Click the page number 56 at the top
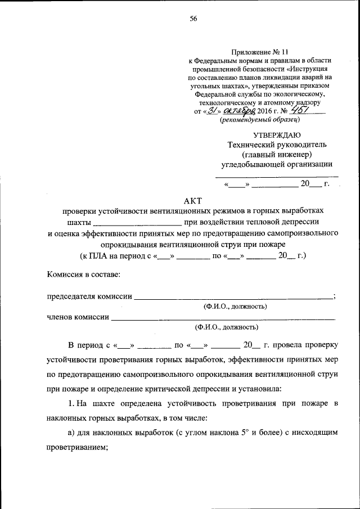tap(193, 19)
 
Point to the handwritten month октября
tap(241, 111)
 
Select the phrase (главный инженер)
tap(277, 154)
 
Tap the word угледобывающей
tap(251, 164)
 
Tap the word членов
tap(60, 317)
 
